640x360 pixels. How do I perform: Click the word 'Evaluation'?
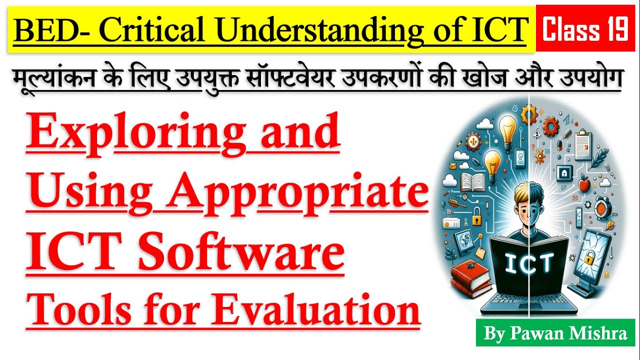(315, 310)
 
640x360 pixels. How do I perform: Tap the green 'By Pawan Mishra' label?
(555, 333)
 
